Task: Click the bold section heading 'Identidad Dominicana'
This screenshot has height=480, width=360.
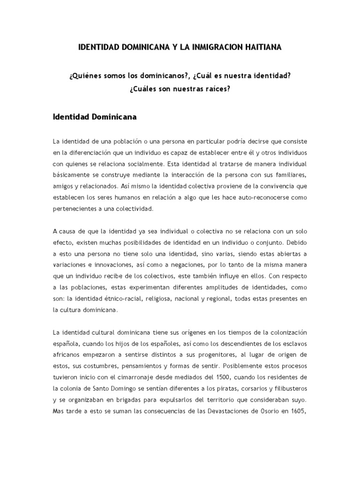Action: click(x=95, y=117)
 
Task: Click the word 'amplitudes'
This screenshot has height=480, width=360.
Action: click(x=204, y=288)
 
